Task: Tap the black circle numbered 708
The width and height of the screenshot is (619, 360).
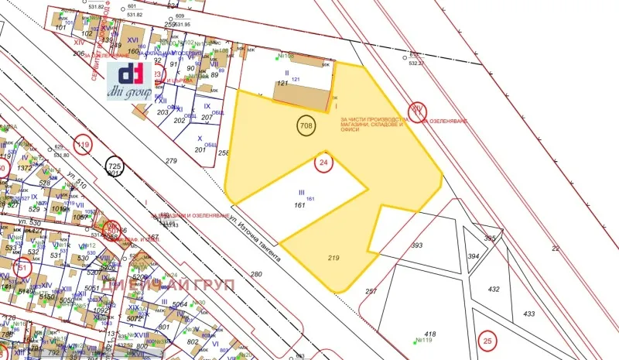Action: click(306, 124)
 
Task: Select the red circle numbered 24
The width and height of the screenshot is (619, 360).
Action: click(324, 163)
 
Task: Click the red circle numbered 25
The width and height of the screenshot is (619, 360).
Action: click(487, 340)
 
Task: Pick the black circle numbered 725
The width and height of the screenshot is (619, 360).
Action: click(115, 166)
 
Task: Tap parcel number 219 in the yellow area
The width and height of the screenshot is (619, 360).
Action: click(334, 257)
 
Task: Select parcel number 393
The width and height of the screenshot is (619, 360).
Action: click(417, 245)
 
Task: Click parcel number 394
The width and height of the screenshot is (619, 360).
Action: click(474, 256)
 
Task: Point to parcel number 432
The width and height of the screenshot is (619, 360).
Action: click(494, 288)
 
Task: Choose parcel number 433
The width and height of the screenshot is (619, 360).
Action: click(529, 314)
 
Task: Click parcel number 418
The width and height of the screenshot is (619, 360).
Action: click(431, 334)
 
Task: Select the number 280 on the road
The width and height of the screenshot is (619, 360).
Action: click(256, 274)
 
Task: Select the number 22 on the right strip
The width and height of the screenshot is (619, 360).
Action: click(555, 248)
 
